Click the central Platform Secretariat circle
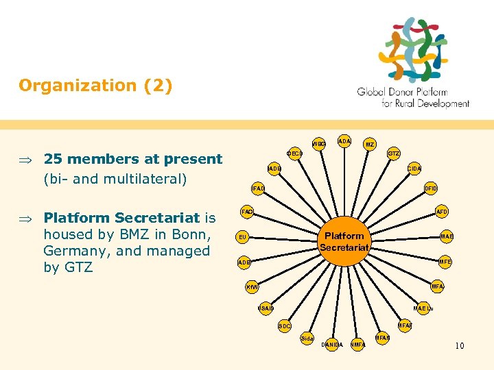pos(344,241)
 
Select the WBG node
pos(319,145)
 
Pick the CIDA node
pos(414,169)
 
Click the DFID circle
pos(431,188)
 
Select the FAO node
pos(247,212)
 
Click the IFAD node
pos(257,188)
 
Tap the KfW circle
pos(252,287)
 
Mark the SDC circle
pos(284,326)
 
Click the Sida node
pos(307,338)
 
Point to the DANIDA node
pos(332,344)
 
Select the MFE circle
pos(445,262)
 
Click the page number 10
pos(459,345)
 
